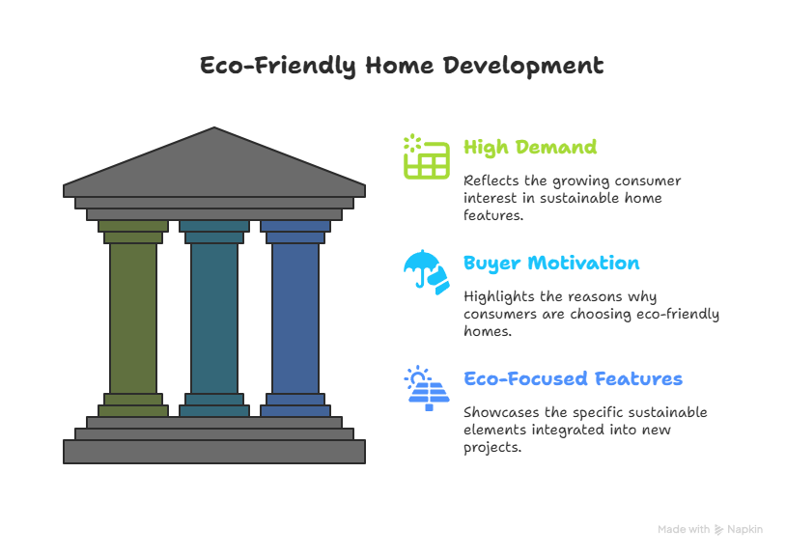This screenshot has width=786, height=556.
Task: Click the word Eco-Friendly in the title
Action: pos(278,66)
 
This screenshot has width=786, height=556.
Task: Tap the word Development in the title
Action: pos(523,66)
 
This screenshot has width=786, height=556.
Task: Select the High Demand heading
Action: pos(530,148)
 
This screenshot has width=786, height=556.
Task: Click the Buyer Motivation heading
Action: pos(551,264)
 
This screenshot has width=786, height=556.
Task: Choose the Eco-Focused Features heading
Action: pos(573,378)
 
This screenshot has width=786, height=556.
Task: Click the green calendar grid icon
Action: pos(427,156)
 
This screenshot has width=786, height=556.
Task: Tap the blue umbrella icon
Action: pos(427,272)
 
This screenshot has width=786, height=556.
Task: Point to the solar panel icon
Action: pos(427,388)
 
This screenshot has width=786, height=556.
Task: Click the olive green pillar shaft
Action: pos(133,319)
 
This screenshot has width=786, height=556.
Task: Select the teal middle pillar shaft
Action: pos(214,319)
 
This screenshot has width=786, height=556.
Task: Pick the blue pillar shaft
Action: pos(295,319)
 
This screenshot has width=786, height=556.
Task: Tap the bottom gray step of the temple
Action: pos(214,452)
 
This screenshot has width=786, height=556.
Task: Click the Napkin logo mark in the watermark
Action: pos(718,529)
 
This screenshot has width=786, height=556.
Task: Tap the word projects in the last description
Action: pos(492,448)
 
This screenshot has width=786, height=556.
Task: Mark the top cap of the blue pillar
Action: pos(295,227)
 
